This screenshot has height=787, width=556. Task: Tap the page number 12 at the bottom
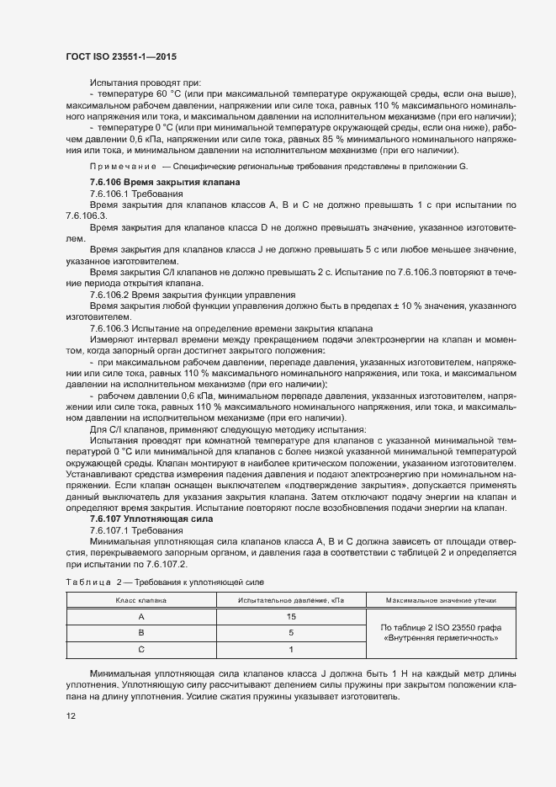click(x=71, y=716)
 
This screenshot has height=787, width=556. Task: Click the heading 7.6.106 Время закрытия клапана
click(x=165, y=183)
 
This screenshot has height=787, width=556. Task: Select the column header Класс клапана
click(x=140, y=600)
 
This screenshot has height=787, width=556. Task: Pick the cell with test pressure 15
click(x=290, y=617)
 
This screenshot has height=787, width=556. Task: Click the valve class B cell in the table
click(x=140, y=633)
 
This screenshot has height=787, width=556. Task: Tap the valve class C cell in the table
click(x=140, y=649)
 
